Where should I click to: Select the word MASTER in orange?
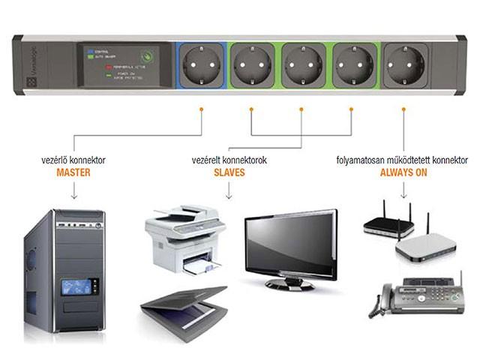click(x=73, y=172)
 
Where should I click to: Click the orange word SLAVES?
click(x=229, y=172)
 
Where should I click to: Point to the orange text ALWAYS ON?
click(x=403, y=172)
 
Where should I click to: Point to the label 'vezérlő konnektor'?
click(x=73, y=160)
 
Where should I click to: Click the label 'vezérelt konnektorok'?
click(x=229, y=160)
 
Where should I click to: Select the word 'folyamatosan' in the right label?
click(x=358, y=160)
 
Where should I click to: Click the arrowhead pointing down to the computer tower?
click(x=73, y=197)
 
